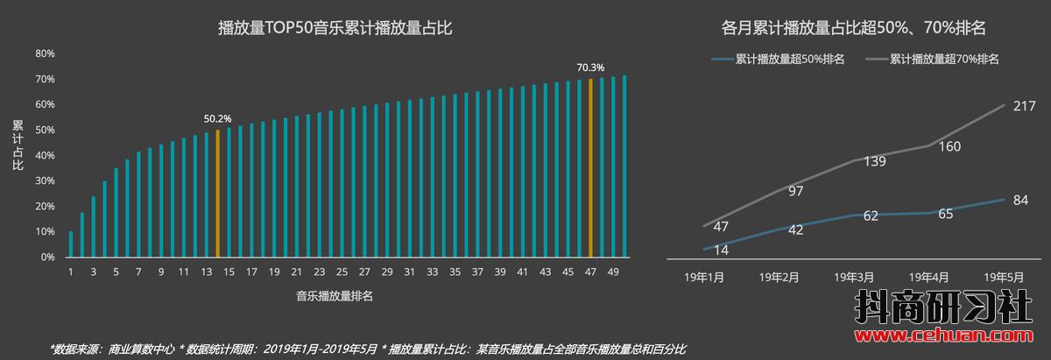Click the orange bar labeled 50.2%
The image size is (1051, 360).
[217, 194]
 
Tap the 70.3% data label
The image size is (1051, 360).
[590, 67]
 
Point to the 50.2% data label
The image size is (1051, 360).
[217, 118]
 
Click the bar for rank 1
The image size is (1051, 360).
[71, 244]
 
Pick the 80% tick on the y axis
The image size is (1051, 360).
[46, 53]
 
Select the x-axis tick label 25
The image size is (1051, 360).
[342, 272]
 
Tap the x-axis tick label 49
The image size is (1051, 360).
[613, 272]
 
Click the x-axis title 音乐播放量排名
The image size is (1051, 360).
[335, 297]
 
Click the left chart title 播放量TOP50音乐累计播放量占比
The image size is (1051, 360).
[335, 29]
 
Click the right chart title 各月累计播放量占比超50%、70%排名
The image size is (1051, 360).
[854, 29]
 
